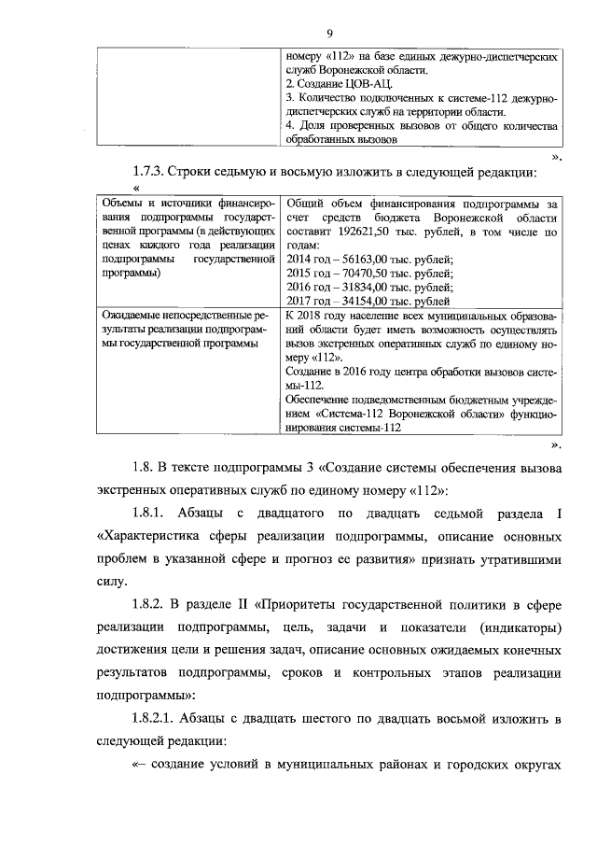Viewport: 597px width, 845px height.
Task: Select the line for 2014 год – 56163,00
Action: pyautogui.click(x=368, y=259)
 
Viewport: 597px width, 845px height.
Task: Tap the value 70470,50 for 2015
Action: pyautogui.click(x=360, y=274)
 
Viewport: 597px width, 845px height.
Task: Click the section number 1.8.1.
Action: pyautogui.click(x=153, y=513)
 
